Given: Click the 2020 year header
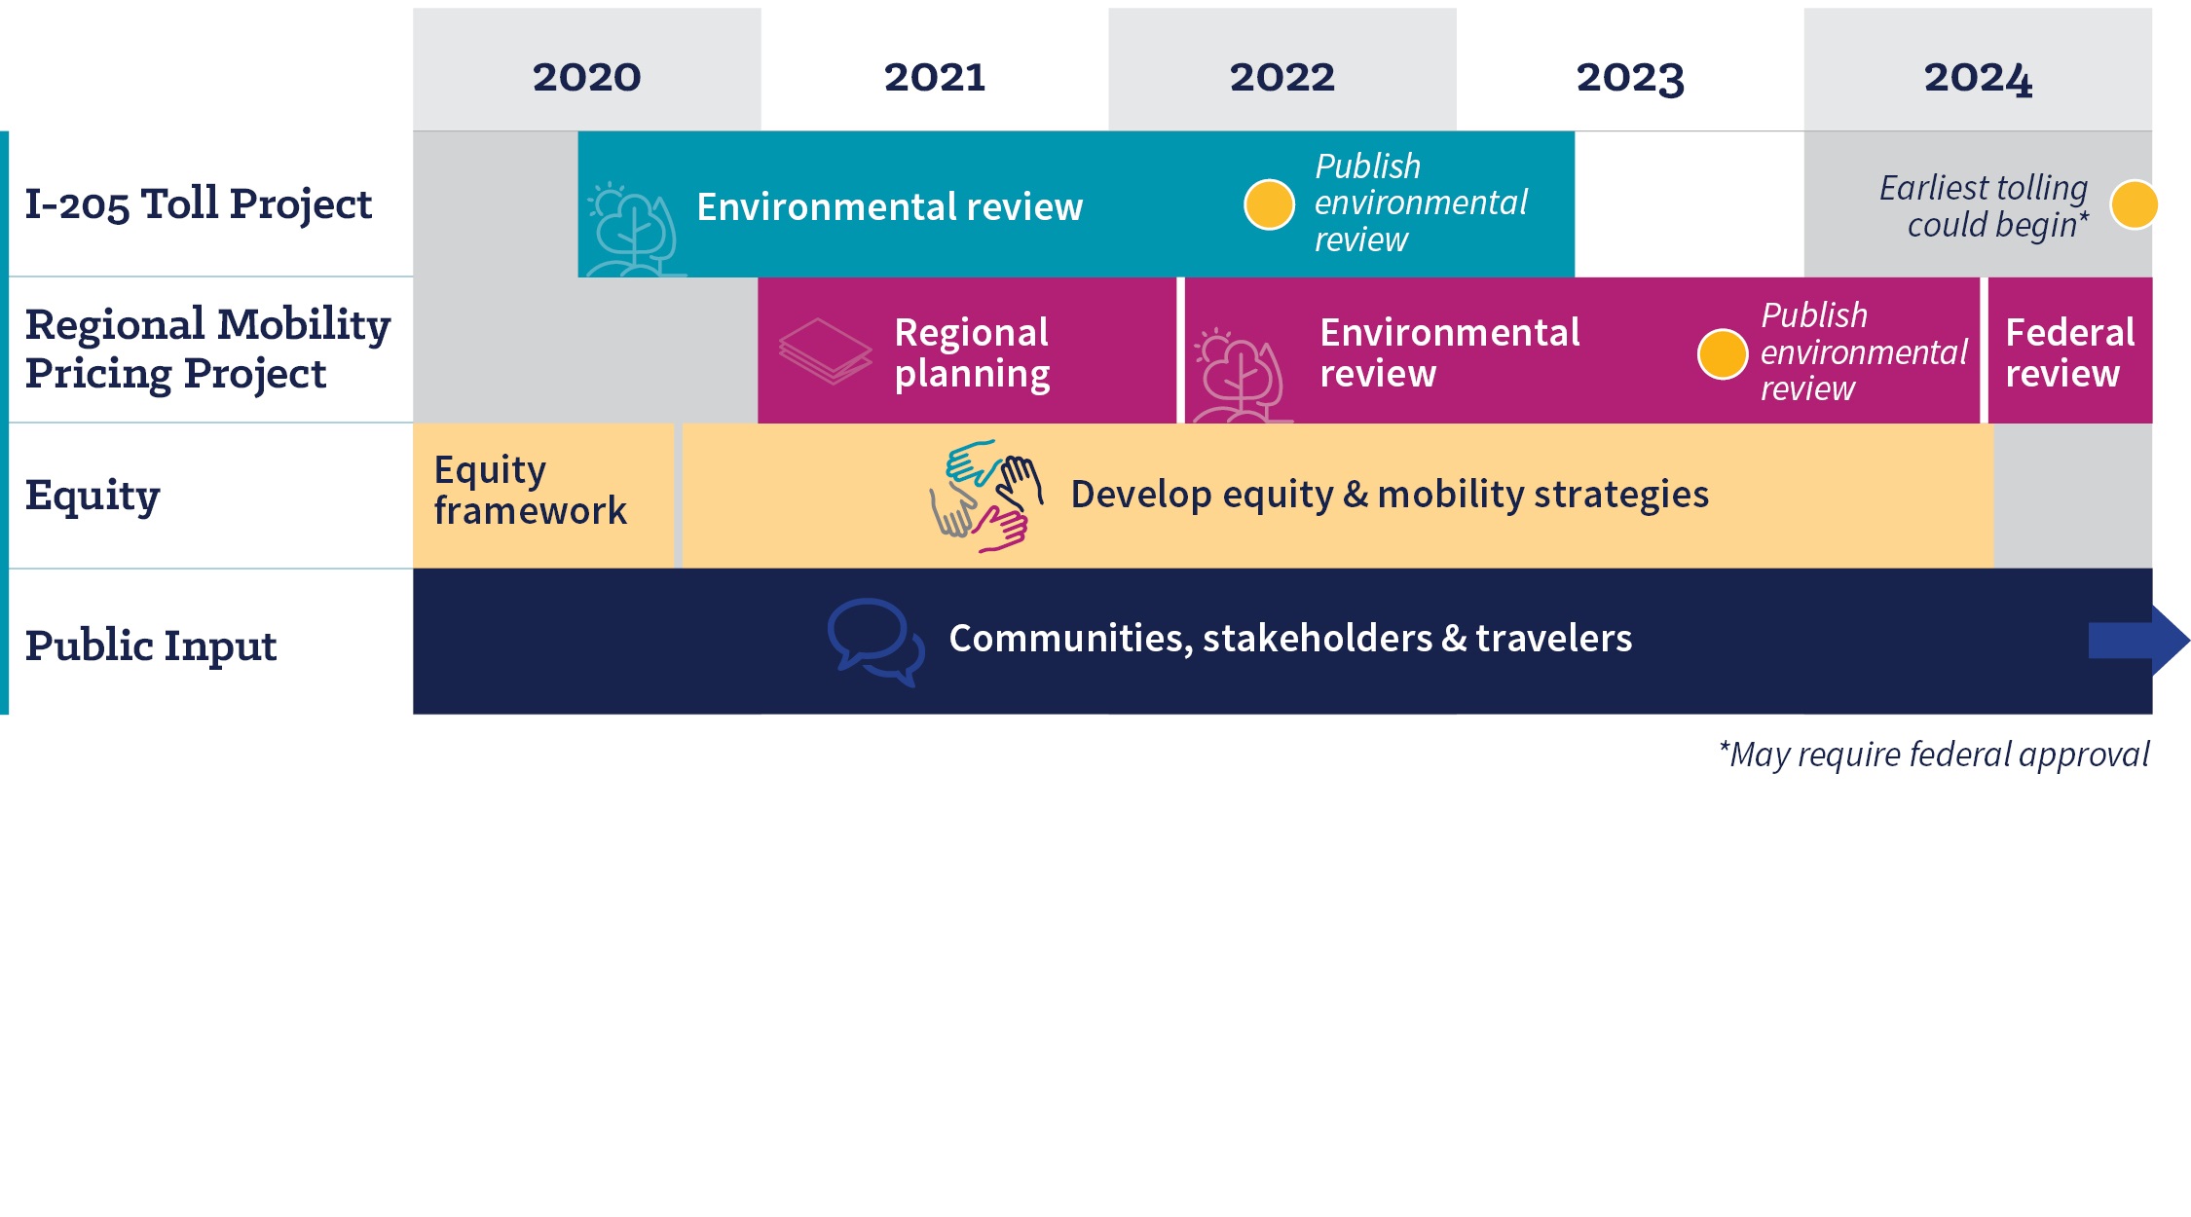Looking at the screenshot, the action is [586, 77].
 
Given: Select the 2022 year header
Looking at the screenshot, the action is [1281, 77].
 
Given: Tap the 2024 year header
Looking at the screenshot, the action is [1978, 78].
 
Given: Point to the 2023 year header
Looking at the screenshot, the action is [1630, 78].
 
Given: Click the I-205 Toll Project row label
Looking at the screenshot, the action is [199, 204].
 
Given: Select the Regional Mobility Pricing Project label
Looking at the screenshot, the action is [207, 349].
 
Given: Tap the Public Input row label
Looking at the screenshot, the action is [151, 645].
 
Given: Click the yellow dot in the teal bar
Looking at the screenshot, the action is [1269, 204].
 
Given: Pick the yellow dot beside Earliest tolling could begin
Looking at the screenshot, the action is [2135, 204].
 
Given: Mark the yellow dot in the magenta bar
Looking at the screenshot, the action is [1723, 353].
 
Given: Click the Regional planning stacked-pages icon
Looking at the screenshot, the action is [826, 350].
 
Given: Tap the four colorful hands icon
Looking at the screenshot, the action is [985, 496].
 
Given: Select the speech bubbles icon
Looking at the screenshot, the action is [875, 642].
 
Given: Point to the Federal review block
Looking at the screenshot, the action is [2070, 350].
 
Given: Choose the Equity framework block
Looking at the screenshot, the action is [543, 496].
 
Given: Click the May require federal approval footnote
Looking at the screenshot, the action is [1934, 755].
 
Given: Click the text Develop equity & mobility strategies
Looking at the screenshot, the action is [1390, 495].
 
